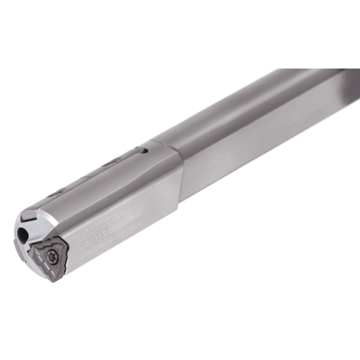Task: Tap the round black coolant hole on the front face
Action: (x=22, y=235)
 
